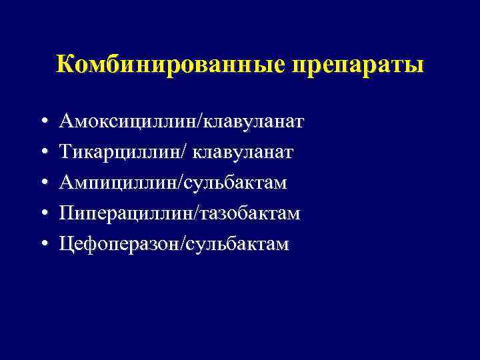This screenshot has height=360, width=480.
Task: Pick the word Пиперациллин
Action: click(119, 214)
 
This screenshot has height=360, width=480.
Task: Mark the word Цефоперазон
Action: click(115, 245)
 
